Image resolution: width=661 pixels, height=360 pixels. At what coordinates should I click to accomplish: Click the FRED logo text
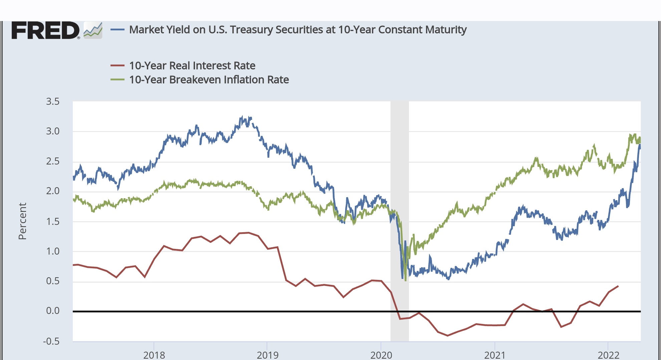tap(45, 30)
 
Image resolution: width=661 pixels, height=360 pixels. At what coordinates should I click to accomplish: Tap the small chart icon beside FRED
tap(93, 30)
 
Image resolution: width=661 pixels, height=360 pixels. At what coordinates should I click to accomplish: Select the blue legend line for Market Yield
tap(118, 30)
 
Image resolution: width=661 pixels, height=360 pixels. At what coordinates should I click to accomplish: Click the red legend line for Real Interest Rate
tap(118, 66)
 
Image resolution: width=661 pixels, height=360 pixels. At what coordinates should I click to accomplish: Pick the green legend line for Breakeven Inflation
tap(118, 80)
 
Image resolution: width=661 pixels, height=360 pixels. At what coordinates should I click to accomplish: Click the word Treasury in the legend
tap(251, 30)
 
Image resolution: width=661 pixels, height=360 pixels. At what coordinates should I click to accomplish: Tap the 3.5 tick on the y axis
tap(53, 101)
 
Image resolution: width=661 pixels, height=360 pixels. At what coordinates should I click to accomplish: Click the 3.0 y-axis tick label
tap(53, 131)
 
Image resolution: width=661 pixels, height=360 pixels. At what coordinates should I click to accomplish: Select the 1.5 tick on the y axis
tap(53, 221)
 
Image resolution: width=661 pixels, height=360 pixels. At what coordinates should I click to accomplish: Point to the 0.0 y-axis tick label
tap(53, 311)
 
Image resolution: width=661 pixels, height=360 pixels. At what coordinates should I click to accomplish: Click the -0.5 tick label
tap(51, 341)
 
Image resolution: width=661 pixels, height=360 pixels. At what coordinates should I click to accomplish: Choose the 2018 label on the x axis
tap(154, 355)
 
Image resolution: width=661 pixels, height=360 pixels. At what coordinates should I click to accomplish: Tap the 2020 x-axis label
tap(381, 355)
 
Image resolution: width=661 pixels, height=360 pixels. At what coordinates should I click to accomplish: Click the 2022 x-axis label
tap(608, 355)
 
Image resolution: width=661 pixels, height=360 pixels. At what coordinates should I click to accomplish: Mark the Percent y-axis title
tap(22, 221)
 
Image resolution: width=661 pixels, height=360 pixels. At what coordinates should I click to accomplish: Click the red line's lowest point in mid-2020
tap(448, 335)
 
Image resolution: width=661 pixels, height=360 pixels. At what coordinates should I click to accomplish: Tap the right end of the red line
tap(618, 286)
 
